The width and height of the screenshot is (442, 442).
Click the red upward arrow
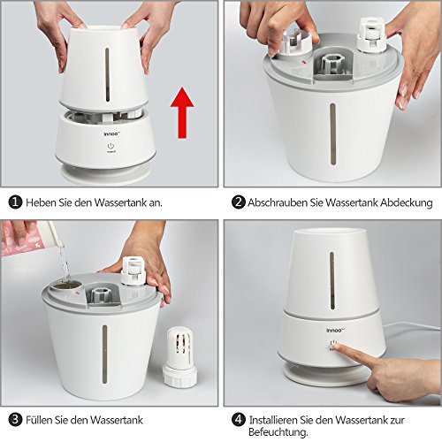pyautogui.click(x=182, y=112)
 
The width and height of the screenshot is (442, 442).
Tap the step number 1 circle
pyautogui.click(x=15, y=202)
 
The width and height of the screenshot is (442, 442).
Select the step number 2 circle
pyautogui.click(x=238, y=202)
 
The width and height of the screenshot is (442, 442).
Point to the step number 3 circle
pyautogui.click(x=15, y=420)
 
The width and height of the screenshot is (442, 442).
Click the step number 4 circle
pyautogui.click(x=238, y=420)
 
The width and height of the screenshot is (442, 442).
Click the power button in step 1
pyautogui.click(x=110, y=146)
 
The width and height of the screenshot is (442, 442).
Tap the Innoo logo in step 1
pyautogui.click(x=111, y=134)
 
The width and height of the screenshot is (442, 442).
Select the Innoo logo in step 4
pyautogui.click(x=335, y=331)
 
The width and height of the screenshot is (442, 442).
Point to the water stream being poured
pyautogui.click(x=65, y=263)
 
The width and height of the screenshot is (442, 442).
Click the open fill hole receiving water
pyautogui.click(x=65, y=286)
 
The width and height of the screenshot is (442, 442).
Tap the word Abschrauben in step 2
pyautogui.click(x=278, y=202)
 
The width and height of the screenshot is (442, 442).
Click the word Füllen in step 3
pyautogui.click(x=41, y=420)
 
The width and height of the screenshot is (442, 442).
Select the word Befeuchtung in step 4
pyautogui.click(x=278, y=432)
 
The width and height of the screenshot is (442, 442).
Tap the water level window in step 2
pyautogui.click(x=332, y=134)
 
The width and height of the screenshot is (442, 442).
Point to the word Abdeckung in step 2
pyautogui.click(x=407, y=202)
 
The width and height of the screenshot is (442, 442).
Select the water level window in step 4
pyautogui.click(x=332, y=280)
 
